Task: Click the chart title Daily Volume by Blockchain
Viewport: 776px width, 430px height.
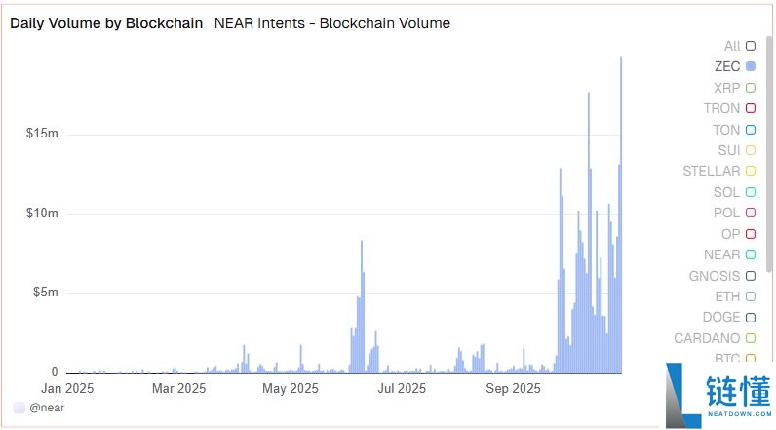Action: (x=105, y=23)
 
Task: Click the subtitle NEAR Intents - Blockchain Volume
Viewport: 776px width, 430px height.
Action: (x=331, y=23)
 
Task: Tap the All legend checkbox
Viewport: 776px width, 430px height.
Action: (x=750, y=46)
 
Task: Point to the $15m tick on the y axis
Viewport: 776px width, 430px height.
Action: (x=43, y=133)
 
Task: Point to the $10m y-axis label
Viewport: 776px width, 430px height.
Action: (x=43, y=213)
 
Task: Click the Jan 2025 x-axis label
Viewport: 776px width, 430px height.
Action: (x=67, y=388)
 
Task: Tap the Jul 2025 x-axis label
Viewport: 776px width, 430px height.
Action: (x=402, y=388)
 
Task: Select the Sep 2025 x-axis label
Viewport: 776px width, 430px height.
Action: (x=513, y=388)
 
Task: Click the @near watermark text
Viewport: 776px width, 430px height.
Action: (x=45, y=408)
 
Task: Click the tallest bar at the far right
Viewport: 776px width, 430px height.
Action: (x=621, y=215)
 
